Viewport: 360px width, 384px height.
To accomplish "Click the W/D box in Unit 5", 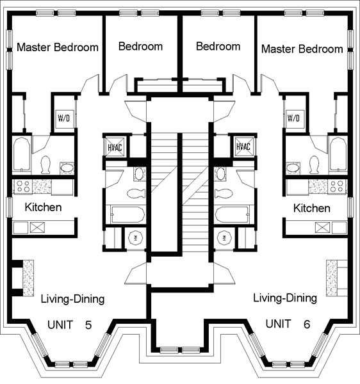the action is [x=65, y=118].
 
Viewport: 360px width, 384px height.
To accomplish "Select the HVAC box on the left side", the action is [x=115, y=147].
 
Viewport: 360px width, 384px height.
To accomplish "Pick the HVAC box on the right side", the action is [x=244, y=146].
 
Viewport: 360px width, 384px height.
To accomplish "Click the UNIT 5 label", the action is [x=70, y=325].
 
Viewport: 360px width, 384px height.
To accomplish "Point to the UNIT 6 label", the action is [x=288, y=324].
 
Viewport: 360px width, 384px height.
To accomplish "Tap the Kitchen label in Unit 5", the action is [x=43, y=207].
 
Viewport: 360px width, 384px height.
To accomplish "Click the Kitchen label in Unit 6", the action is [x=312, y=208].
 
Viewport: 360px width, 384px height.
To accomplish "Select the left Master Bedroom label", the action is [x=58, y=47].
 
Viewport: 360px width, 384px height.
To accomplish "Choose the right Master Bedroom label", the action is [x=302, y=49].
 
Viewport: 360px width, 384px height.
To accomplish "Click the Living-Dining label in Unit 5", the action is [x=72, y=299].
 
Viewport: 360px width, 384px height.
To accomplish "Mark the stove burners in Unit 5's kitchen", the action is [x=22, y=186].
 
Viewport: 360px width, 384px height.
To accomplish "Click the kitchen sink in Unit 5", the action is [x=37, y=227].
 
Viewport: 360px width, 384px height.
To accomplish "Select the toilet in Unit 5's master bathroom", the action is [x=45, y=165].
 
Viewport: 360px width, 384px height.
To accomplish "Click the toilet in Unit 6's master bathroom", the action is [x=315, y=165].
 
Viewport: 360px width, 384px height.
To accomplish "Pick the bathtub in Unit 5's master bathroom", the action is [x=22, y=154].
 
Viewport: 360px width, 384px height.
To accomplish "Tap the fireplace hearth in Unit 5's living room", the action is [x=28, y=278].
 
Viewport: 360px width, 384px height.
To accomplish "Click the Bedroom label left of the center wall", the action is [x=140, y=46].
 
